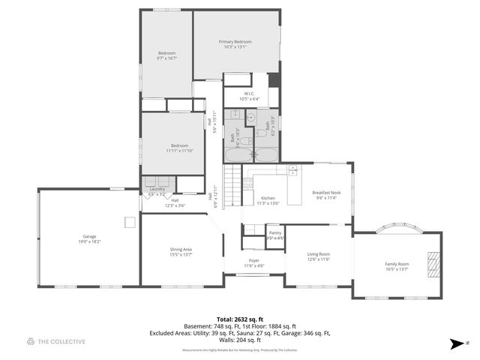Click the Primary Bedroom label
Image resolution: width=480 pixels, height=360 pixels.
point(235,41)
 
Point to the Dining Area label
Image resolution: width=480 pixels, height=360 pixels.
point(181,249)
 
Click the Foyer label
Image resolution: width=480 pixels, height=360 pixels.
point(254,261)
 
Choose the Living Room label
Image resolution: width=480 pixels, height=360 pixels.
point(319,254)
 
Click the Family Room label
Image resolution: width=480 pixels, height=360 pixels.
point(397,264)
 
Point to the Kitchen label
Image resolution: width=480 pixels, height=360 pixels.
point(268,198)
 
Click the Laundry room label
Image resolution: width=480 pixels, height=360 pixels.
point(157,189)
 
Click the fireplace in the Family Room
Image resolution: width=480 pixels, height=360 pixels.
point(433,265)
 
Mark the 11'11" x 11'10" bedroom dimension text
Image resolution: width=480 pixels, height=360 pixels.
point(179,150)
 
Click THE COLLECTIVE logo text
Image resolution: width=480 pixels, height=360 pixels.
point(61,342)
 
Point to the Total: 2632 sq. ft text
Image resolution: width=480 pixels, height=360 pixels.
point(240,318)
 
